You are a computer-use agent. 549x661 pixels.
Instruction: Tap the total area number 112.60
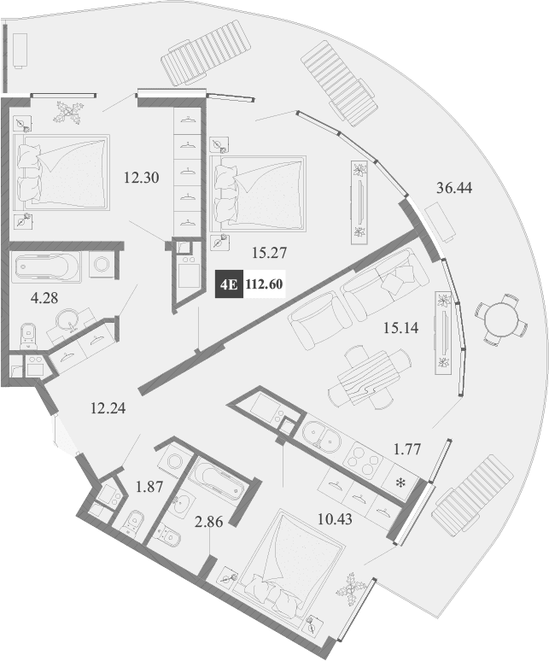tap(264, 286)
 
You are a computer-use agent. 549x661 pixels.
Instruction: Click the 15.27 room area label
tap(267, 253)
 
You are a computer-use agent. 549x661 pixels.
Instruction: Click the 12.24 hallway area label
tap(107, 408)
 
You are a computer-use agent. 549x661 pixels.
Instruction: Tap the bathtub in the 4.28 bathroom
tap(47, 266)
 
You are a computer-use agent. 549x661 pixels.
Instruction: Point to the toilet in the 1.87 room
tap(134, 522)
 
